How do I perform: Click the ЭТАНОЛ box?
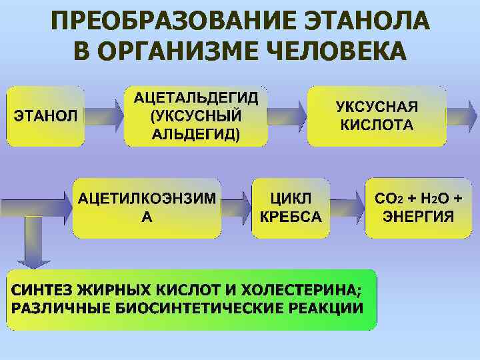pyautogui.click(x=46, y=116)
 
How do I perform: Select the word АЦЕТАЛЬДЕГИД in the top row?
pyautogui.click(x=196, y=98)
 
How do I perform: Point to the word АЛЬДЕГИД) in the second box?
pyautogui.click(x=196, y=133)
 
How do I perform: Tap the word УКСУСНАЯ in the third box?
pyautogui.click(x=377, y=107)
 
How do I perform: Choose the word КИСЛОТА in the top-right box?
pyautogui.click(x=377, y=125)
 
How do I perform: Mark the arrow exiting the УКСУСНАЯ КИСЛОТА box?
pyautogui.click(x=463, y=116)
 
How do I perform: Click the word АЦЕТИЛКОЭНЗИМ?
pyautogui.click(x=147, y=199)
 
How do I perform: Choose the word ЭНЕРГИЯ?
pyautogui.click(x=418, y=217)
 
